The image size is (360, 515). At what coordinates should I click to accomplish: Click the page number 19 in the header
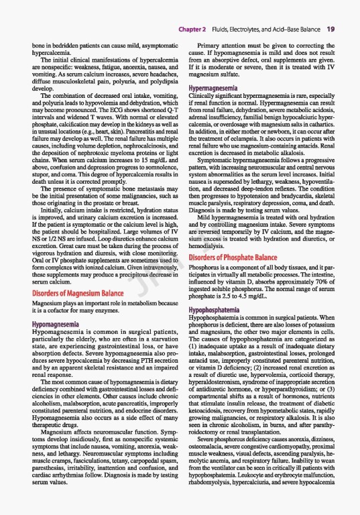tap(331, 30)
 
